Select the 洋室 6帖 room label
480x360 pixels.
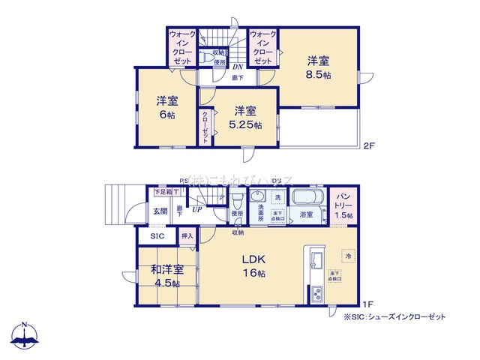[166, 107]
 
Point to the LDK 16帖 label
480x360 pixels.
[253, 265]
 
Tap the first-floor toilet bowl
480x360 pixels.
[237, 201]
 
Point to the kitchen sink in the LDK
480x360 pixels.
[313, 262]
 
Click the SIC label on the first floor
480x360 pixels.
[157, 236]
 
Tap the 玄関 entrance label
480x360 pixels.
[161, 211]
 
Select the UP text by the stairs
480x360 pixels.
[196, 211]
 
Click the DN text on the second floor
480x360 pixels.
[236, 66]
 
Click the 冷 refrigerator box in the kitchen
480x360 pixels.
[347, 256]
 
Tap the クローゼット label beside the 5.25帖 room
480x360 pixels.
[205, 127]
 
